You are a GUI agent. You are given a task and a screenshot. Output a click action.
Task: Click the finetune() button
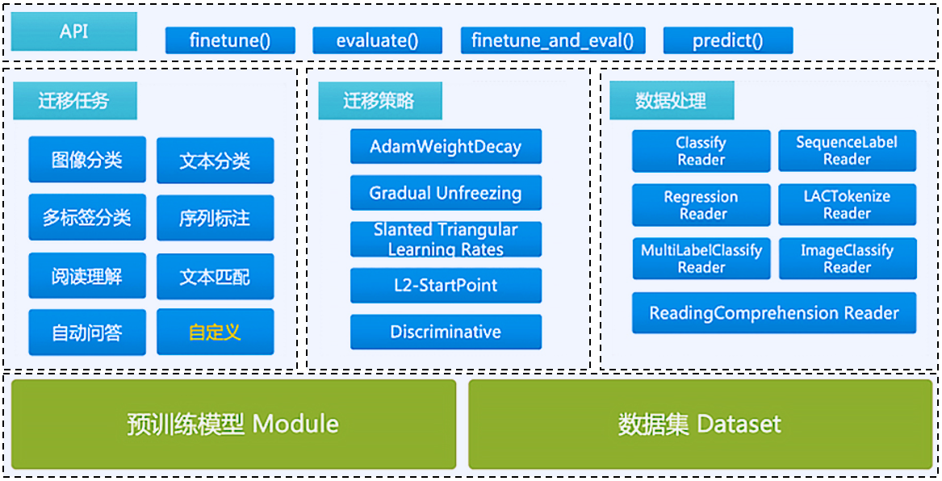pos(230,41)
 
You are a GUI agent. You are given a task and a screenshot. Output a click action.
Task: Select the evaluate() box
pos(377,41)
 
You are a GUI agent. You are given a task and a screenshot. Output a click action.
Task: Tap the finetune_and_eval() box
pos(552,41)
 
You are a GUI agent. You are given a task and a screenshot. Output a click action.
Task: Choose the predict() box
pos(728,41)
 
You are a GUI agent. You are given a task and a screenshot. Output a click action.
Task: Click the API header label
pos(74,31)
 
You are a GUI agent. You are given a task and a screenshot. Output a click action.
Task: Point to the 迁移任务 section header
pos(74,101)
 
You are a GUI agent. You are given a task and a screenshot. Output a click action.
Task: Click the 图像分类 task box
pos(87,160)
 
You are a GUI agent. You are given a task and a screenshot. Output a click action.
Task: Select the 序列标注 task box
pos(215,218)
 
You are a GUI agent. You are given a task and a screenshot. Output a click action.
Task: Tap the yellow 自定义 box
pos(215,332)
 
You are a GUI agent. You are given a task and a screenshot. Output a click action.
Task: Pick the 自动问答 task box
pos(87,333)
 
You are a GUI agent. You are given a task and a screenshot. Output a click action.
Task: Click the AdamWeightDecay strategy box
pos(446,147)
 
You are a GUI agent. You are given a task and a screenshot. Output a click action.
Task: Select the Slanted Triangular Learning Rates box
pos(446,239)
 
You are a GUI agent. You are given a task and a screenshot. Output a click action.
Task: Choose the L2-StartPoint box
pos(446,285)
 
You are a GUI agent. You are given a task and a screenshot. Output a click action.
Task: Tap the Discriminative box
pos(446,332)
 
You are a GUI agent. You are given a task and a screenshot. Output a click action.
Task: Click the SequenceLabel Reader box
pos(847,151)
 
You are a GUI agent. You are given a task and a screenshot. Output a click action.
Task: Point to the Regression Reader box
pos(701,205)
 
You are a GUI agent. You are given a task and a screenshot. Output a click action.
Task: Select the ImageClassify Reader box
pos(848,259)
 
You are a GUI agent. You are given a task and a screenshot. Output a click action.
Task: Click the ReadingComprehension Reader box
pos(774,313)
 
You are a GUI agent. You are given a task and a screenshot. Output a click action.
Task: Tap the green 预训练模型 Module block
pos(234,424)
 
